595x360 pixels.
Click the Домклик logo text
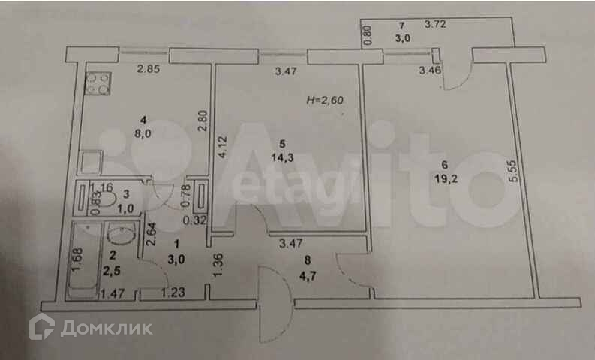[106, 328]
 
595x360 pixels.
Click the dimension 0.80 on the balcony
[367, 36]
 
